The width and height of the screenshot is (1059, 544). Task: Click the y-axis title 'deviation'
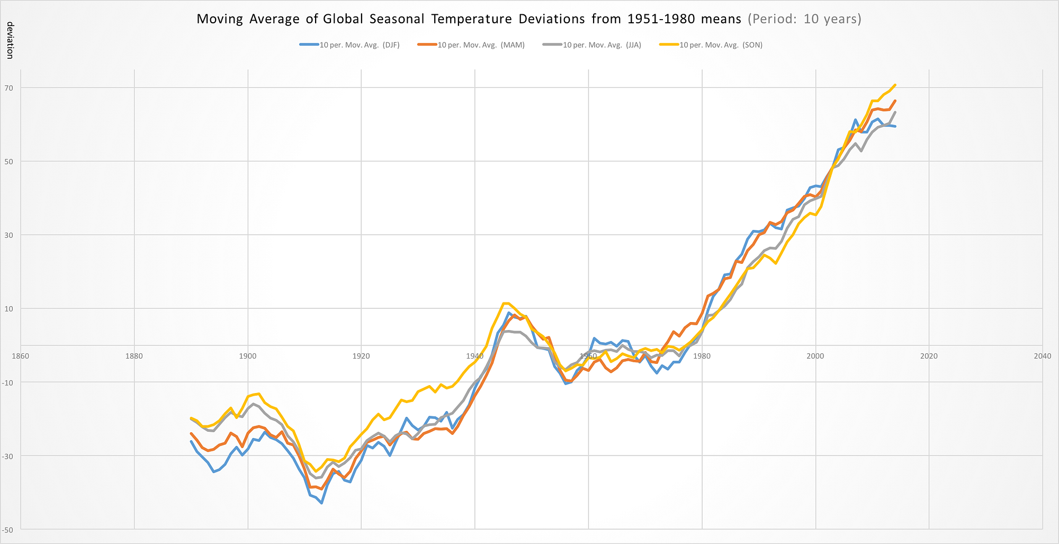10,40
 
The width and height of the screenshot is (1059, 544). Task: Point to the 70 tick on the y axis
10,88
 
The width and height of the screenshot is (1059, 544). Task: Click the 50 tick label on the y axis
10,162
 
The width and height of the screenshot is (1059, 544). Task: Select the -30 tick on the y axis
8,456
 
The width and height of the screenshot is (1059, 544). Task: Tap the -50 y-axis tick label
8,530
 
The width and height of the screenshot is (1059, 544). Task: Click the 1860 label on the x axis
21,356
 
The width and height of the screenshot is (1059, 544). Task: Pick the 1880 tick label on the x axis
134,356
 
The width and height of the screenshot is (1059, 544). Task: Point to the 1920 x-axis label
361,356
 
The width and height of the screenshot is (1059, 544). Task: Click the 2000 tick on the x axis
815,356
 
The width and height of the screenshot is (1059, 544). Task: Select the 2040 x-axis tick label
1043,356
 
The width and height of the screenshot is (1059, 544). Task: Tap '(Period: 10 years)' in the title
804,19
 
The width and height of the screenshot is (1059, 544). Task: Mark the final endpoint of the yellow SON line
895,85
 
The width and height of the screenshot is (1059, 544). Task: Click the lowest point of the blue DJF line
321,503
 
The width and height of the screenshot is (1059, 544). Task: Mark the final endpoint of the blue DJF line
895,126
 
